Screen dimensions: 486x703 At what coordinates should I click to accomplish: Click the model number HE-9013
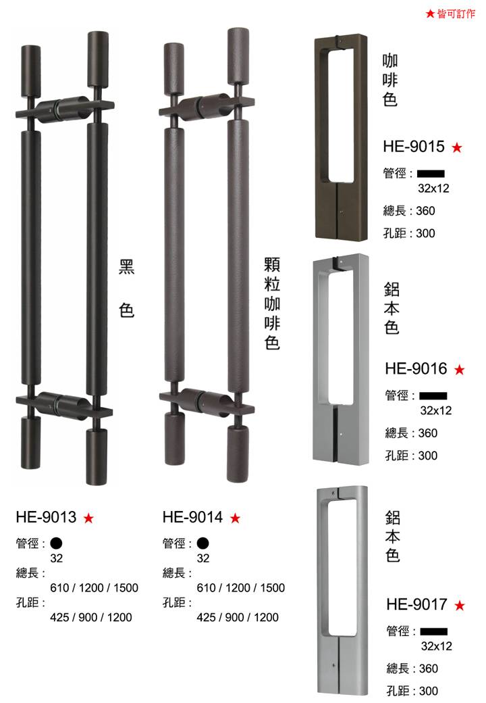(x=46, y=517)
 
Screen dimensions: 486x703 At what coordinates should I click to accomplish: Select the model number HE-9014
(x=192, y=517)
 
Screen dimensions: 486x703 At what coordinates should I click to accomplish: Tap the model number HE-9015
(x=414, y=146)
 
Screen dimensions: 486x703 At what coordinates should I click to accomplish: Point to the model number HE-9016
(x=416, y=368)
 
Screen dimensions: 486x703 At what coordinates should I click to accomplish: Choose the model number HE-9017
(x=416, y=604)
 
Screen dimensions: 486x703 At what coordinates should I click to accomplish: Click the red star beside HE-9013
(x=88, y=518)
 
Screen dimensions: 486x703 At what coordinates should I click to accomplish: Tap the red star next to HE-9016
(x=459, y=370)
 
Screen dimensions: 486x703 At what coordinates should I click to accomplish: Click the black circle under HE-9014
(x=202, y=543)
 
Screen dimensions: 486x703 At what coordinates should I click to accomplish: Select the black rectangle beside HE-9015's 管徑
(x=431, y=174)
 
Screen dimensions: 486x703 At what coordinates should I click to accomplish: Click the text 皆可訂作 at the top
(x=456, y=14)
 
